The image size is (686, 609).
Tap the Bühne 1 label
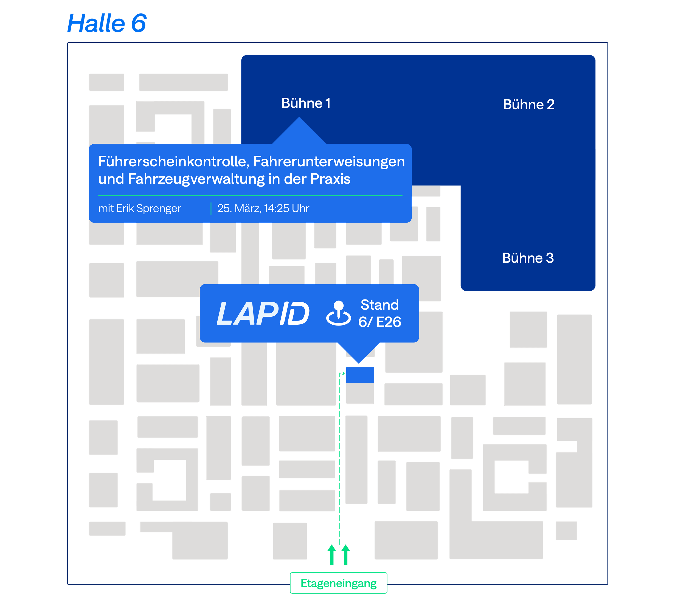pos(306,103)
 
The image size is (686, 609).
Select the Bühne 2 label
pos(528,104)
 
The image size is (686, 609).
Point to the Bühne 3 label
pos(528,258)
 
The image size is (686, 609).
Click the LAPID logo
pos(263,313)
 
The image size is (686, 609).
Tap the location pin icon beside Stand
pos(339,313)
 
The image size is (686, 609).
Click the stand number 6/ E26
pos(379,322)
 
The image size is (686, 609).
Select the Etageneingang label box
pos(338,583)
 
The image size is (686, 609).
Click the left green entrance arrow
pos(331,555)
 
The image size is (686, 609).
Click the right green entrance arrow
pos(346,555)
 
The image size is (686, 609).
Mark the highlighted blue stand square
pos(360,375)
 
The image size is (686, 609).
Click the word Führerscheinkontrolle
pos(174,161)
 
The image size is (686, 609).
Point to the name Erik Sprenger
pos(149,209)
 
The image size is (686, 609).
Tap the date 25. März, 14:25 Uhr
pos(263,209)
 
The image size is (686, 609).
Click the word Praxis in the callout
pos(330,179)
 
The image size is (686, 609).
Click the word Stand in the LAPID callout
pos(379,305)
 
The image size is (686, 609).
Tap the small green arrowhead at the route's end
pos(343,373)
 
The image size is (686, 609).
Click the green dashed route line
pos(340,459)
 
